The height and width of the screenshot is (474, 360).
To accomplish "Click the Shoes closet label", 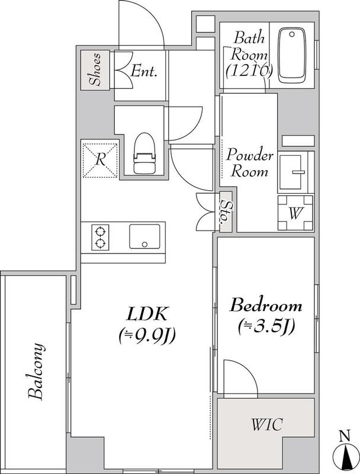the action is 95,69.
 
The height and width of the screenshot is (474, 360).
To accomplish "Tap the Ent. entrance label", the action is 144,71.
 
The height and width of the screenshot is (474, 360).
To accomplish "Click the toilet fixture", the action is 144,153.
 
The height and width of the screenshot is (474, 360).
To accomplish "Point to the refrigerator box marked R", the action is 100,160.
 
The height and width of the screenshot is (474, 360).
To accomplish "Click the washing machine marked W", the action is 295,213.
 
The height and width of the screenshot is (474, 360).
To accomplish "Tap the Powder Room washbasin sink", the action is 293,172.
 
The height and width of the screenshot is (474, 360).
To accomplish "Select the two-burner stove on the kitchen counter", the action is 100,238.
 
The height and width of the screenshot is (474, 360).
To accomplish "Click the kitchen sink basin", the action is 144,236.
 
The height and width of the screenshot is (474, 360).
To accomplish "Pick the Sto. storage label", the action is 225,212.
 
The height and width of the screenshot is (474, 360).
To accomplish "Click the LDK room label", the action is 147,315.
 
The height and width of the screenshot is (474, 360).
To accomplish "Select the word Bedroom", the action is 266,305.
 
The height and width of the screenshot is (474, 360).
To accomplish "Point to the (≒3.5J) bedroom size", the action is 266,326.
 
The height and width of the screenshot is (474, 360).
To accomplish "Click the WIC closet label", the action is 267,424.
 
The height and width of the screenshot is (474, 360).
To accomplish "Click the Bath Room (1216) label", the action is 249,55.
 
